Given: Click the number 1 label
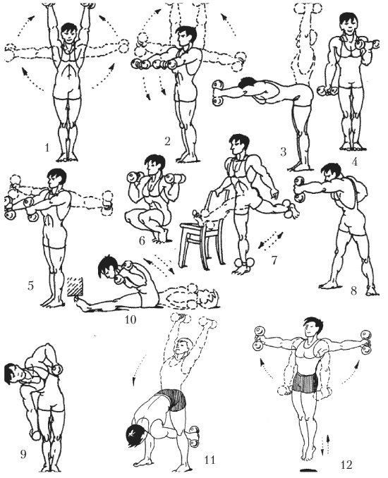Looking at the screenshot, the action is coord(47,148).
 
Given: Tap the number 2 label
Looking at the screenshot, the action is coord(167,142).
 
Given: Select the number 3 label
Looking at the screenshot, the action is coord(284,152).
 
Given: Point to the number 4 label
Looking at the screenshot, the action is coord(354,161).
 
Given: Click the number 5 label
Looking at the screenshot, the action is coord(30,286).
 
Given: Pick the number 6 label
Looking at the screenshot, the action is coord(142,241).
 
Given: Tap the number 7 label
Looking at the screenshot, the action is coord(274,260).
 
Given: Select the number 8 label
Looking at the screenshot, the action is coord(353,290).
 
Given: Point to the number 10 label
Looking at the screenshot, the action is coord(131,320).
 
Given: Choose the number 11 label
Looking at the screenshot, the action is coord(210,460).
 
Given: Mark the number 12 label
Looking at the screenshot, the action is coord(346,465).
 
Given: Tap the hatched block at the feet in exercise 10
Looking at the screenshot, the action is coord(75,286).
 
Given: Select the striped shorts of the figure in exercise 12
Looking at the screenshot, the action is coord(305,382).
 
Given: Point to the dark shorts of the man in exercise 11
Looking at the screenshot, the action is coord(173,400).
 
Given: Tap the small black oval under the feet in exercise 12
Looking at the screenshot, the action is coord(309,469).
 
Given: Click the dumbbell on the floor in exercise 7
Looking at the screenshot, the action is coord(244,263).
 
